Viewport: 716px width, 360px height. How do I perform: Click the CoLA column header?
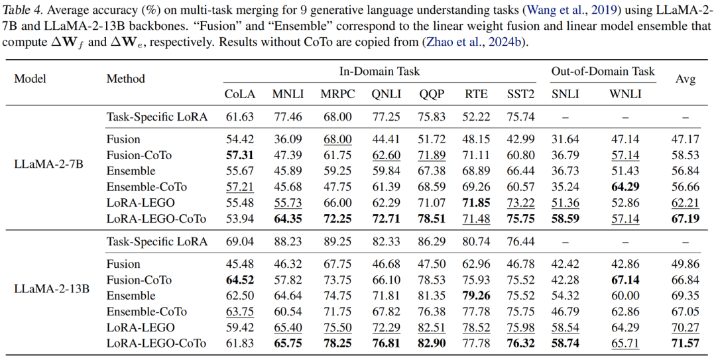[239, 94]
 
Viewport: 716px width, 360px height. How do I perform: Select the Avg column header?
[686, 79]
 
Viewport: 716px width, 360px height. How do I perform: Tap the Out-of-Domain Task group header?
[603, 72]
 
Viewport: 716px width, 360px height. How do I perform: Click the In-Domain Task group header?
[379, 72]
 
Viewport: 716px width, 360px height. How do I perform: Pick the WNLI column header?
[625, 94]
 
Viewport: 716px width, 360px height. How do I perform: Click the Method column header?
[125, 79]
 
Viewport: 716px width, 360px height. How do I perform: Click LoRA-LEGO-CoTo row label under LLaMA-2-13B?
[156, 343]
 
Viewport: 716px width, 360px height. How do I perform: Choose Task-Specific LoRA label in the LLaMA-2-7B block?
[157, 117]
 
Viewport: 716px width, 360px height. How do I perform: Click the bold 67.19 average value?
[686, 219]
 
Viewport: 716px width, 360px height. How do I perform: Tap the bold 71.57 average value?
[686, 343]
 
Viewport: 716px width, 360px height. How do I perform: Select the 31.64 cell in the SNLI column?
[566, 139]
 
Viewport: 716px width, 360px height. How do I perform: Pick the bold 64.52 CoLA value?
[239, 280]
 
